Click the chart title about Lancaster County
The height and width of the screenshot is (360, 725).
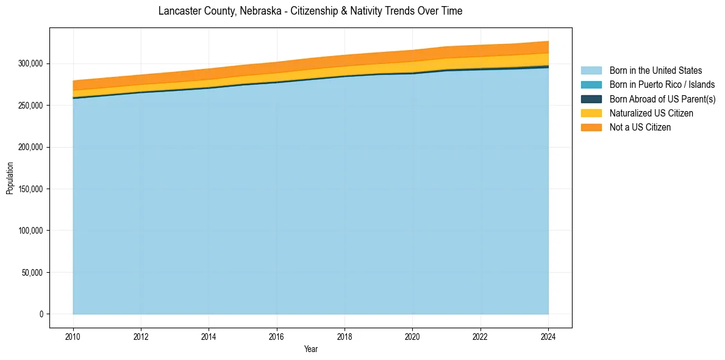(310, 11)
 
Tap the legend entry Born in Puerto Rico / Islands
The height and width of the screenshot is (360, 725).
(662, 85)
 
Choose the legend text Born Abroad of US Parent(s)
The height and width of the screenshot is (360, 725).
(662, 99)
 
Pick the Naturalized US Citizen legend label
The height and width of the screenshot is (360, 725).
(651, 113)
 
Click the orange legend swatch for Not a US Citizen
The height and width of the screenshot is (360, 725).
(591, 128)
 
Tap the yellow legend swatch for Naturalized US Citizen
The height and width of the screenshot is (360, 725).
(591, 113)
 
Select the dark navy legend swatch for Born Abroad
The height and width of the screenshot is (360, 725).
(591, 99)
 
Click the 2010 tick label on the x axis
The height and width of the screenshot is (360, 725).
(73, 336)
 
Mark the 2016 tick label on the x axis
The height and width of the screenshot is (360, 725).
(277, 336)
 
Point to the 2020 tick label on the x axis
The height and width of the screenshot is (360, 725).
(413, 336)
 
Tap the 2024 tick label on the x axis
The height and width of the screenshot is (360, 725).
(548, 336)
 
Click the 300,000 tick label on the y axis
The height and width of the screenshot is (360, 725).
(30, 64)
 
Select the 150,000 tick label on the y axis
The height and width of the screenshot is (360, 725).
(30, 189)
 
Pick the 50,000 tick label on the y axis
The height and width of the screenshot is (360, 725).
(32, 273)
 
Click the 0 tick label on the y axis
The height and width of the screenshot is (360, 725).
(42, 314)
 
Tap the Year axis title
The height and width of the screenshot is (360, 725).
(311, 350)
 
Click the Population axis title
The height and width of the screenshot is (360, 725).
(10, 178)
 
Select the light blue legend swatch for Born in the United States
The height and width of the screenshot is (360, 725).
(591, 71)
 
